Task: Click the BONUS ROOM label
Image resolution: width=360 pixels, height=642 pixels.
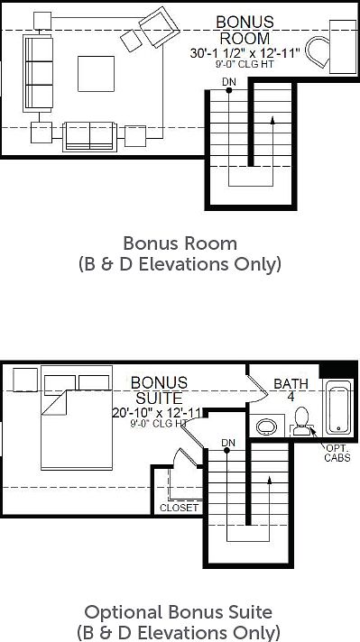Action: click(x=245, y=30)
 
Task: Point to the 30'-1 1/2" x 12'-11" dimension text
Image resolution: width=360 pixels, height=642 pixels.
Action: click(x=245, y=53)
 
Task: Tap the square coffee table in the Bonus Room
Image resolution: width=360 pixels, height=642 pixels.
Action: click(x=97, y=74)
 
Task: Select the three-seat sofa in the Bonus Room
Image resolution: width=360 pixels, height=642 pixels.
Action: click(x=39, y=73)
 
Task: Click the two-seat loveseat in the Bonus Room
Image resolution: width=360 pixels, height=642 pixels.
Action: click(x=89, y=137)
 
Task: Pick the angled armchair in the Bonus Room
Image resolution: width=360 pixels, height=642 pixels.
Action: click(x=160, y=27)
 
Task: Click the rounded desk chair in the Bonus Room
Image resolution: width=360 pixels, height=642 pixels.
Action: click(x=318, y=53)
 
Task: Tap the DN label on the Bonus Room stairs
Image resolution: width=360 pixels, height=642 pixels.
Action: click(x=229, y=82)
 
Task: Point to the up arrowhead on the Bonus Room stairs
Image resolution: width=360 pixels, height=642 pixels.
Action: click(x=272, y=120)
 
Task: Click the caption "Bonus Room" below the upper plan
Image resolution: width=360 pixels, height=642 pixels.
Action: click(x=180, y=243)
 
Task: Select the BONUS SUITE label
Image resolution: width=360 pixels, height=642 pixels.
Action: click(x=160, y=390)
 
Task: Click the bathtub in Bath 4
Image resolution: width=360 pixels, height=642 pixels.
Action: click(x=338, y=407)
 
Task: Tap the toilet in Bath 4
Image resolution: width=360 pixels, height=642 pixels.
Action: click(x=302, y=421)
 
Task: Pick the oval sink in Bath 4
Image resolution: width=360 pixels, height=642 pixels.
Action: click(x=267, y=427)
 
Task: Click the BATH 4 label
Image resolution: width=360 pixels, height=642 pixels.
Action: click(x=291, y=390)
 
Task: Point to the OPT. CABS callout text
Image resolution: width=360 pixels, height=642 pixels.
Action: click(x=337, y=453)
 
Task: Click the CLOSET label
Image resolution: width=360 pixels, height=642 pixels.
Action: click(x=179, y=508)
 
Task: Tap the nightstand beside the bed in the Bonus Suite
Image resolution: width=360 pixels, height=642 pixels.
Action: click(x=25, y=380)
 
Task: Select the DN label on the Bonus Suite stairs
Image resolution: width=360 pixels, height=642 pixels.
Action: click(x=227, y=443)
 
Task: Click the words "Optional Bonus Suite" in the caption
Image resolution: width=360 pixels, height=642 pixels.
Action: click(x=178, y=612)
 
